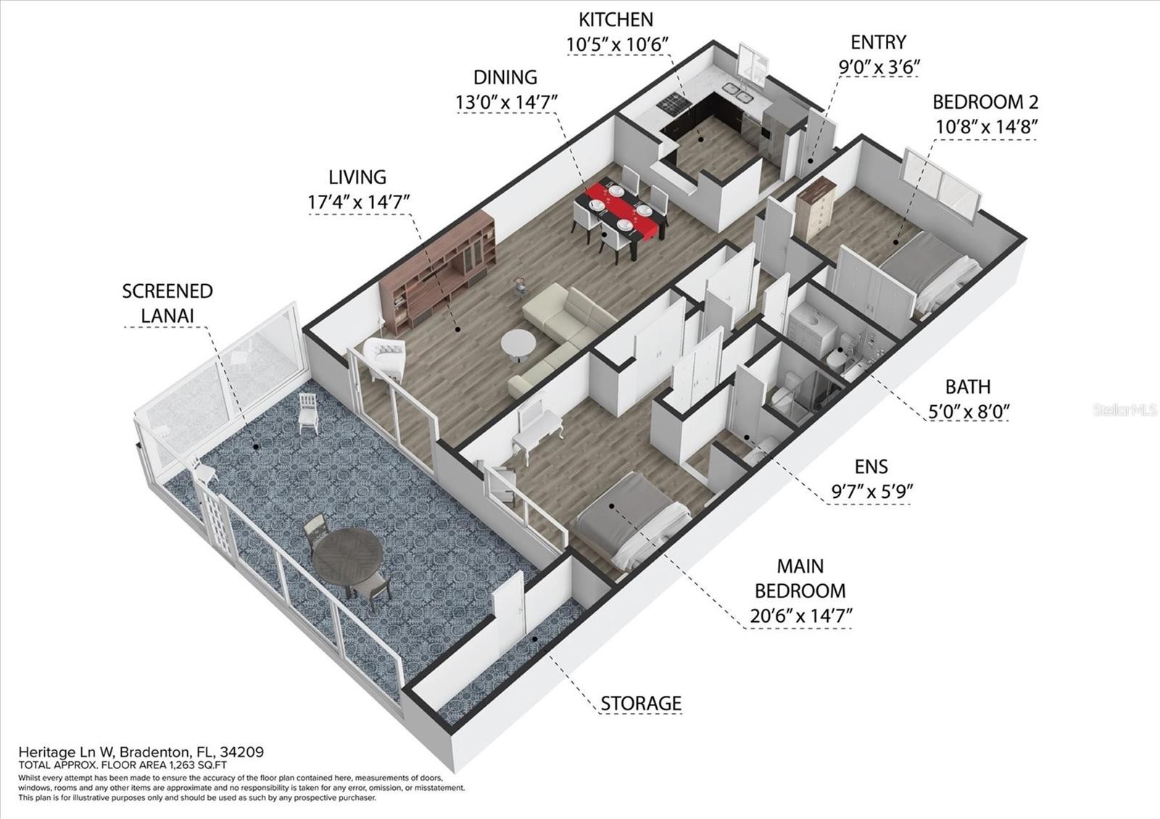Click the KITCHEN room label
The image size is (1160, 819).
616,20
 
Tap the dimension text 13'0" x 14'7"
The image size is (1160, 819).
506,102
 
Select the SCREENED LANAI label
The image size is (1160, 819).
167,303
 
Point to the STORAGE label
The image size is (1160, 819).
641,703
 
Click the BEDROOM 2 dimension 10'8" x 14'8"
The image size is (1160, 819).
987,127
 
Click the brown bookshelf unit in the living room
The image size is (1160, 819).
438,273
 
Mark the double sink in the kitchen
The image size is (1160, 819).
737,91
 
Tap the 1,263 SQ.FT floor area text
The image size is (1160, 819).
199,765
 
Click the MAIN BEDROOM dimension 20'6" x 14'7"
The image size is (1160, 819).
800,616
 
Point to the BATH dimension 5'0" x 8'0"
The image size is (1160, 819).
968,412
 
